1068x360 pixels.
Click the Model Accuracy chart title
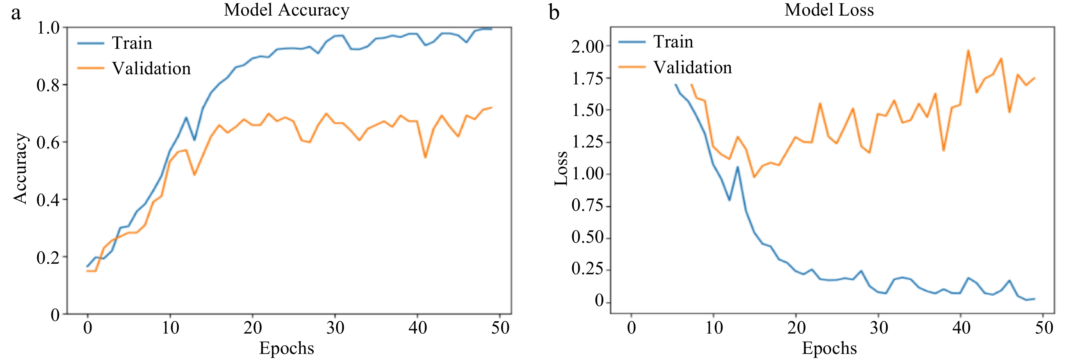point(286,10)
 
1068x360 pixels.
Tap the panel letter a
point(16,13)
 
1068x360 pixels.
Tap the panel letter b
point(554,13)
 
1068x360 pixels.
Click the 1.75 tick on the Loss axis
point(588,78)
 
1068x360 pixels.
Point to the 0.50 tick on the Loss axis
point(588,238)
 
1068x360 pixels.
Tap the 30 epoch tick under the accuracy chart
point(335,328)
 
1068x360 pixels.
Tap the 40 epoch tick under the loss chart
point(961,328)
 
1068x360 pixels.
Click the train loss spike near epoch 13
point(737,167)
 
